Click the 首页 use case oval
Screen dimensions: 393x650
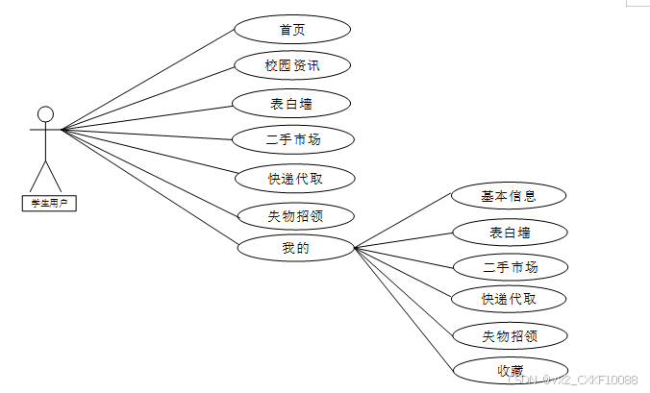(292, 29)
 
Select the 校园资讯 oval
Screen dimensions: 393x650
(292, 66)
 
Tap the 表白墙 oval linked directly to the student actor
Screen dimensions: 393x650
(292, 103)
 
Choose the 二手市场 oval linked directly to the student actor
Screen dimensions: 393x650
(292, 139)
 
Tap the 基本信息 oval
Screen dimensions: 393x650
(509, 196)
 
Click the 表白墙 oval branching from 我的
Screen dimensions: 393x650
(509, 232)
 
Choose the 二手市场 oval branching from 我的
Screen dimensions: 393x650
(510, 266)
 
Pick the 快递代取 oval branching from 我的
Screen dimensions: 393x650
(509, 299)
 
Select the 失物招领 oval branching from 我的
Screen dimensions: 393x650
(509, 335)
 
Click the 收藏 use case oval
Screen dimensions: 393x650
(510, 370)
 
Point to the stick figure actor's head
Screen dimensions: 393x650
(44, 112)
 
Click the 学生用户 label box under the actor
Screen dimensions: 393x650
(48, 203)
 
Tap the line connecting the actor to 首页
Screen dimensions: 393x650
(149, 80)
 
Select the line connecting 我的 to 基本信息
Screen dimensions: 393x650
(404, 223)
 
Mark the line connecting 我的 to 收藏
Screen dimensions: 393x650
(404, 308)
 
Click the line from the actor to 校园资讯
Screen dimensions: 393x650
(149, 98)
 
